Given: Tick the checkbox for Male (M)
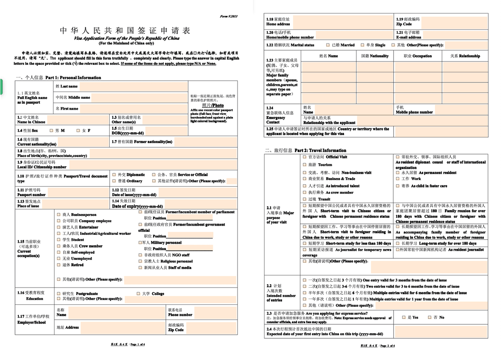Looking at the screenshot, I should [x=51, y=131].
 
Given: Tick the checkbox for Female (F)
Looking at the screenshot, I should [x=78, y=131].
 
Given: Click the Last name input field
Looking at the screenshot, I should [x=133, y=86].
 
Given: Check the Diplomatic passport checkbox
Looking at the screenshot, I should [x=114, y=175].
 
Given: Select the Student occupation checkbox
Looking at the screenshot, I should [x=58, y=240].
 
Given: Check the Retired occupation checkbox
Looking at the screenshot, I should [x=58, y=265].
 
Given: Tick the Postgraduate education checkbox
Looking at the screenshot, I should [x=58, y=293].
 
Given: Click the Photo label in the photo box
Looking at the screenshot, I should [x=213, y=105].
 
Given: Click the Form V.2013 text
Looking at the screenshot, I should [x=228, y=16].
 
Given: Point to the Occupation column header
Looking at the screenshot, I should [x=417, y=56].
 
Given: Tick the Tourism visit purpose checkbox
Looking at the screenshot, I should [x=305, y=165].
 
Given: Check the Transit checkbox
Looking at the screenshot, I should [x=305, y=199].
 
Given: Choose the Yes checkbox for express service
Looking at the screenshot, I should [x=404, y=317].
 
